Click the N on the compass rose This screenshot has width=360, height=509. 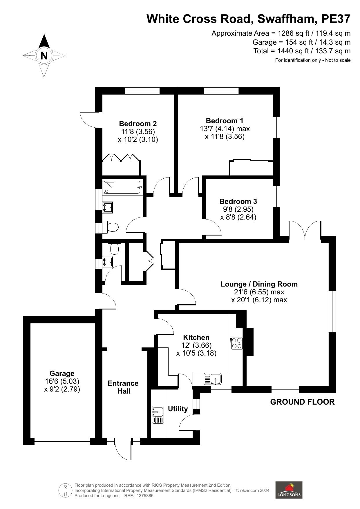tap(44, 55)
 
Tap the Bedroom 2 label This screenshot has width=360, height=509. tap(138, 124)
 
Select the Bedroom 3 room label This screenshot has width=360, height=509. tap(238, 201)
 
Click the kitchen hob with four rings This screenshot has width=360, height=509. tap(236, 343)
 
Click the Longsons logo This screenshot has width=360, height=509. tap(289, 490)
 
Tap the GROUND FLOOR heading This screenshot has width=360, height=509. tap(302, 402)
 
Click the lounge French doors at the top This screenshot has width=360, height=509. tap(305, 230)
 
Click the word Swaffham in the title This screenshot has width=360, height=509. tap(287, 19)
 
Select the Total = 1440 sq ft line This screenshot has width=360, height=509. tap(302, 51)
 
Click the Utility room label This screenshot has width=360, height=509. tap(178, 409)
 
